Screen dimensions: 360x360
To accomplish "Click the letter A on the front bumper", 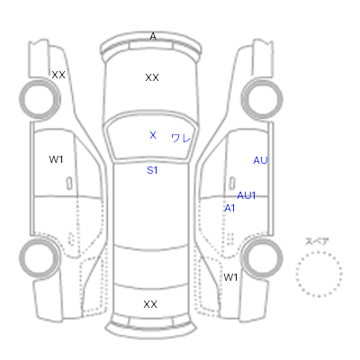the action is click(153, 36).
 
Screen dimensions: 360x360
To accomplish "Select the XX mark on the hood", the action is click(152, 77).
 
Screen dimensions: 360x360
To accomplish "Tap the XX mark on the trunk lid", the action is click(150, 304).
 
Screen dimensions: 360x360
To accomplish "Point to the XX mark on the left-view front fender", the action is click(58, 75).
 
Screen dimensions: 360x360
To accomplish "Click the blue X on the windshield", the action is click(153, 135).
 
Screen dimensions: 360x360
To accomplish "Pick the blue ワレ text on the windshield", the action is click(181, 138).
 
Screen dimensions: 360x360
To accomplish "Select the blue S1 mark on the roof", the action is click(152, 170).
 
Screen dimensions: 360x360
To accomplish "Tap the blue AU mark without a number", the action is click(260, 160).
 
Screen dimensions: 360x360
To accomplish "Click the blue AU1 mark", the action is click(247, 195).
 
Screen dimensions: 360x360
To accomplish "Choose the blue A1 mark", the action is click(229, 208).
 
